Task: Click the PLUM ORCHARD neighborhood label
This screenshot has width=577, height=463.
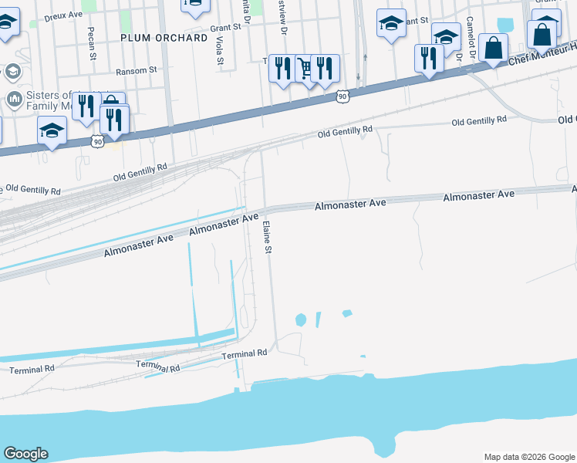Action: click(x=164, y=37)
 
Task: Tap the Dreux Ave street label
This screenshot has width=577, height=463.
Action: click(x=62, y=15)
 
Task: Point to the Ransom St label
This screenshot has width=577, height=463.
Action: click(x=136, y=69)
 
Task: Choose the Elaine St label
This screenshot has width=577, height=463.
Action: click(x=268, y=236)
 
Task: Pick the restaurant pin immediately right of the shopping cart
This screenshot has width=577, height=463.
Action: click(x=326, y=68)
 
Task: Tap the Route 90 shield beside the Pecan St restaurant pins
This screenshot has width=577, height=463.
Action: click(x=96, y=141)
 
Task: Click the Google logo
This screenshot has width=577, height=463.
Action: click(x=25, y=455)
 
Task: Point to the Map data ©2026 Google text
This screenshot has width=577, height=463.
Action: click(x=529, y=457)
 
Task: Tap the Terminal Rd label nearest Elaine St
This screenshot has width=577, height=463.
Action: click(x=244, y=353)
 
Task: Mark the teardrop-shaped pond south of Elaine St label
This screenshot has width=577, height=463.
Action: click(x=300, y=319)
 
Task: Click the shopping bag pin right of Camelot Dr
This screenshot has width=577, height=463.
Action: click(x=493, y=48)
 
